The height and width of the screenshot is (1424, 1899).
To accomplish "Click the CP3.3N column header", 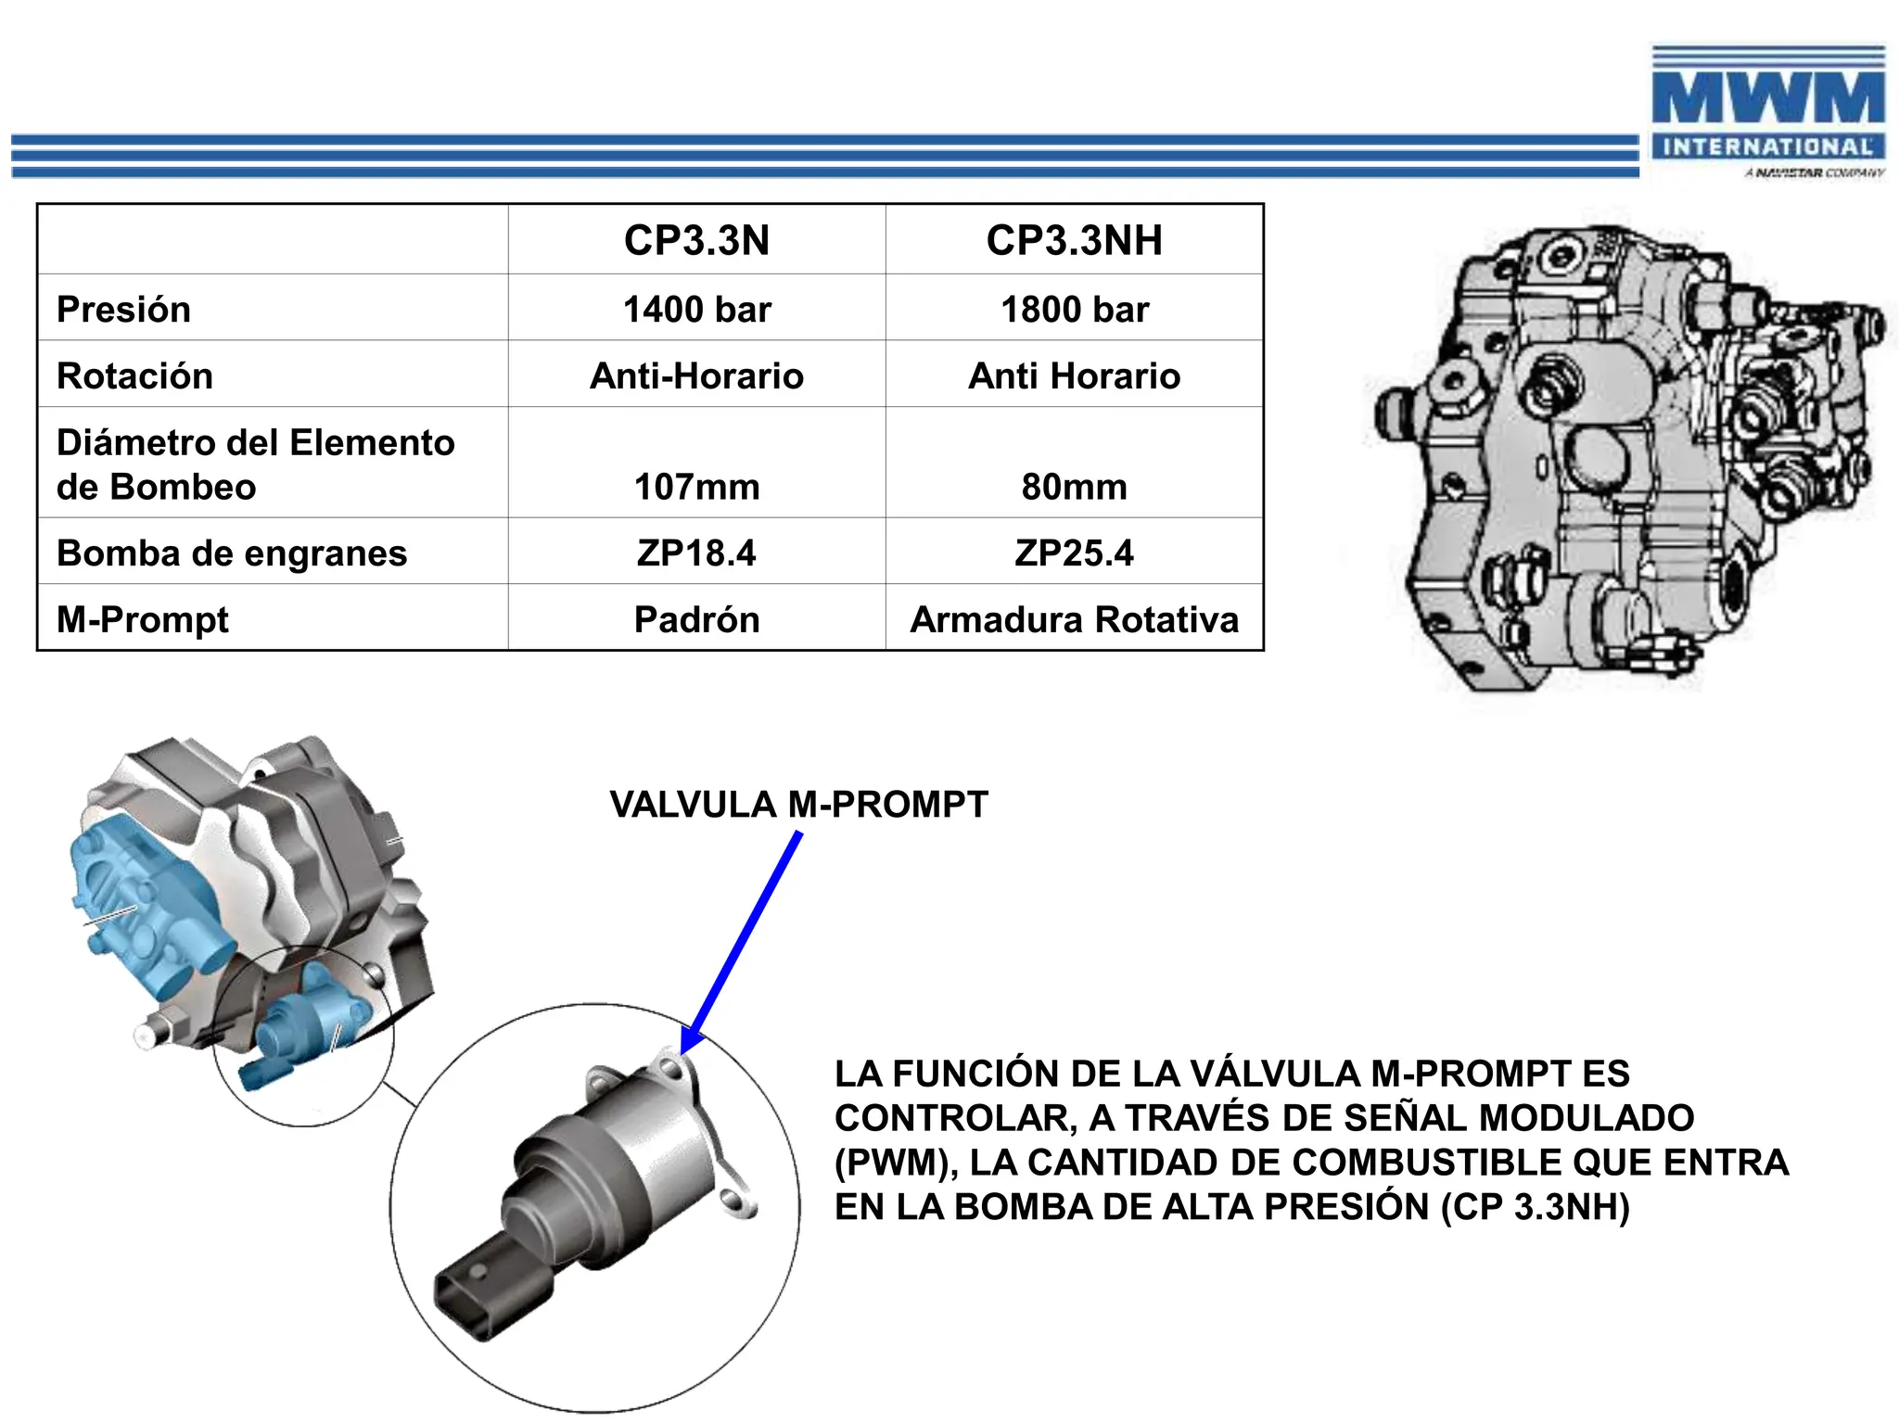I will coord(696,240).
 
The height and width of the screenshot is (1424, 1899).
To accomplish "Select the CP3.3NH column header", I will coord(1074,240).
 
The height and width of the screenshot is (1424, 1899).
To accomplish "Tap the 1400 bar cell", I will coord(696,310).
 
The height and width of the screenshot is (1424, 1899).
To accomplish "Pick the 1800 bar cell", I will coord(1074,310).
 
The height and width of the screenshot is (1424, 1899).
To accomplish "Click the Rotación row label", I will coord(135,375).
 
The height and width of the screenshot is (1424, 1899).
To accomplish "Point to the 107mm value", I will coord(696,487).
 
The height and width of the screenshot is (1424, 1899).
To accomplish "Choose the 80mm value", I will coord(1074,487).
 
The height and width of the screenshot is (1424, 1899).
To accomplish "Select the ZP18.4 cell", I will coord(696,553).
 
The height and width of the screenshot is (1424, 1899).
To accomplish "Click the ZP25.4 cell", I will coord(1074,553).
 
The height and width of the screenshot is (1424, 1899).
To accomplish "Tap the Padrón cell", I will coord(696,619).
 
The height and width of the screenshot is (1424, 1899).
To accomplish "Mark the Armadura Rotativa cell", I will coord(1074,619).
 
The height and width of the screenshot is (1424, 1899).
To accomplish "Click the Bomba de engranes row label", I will coord(232,553).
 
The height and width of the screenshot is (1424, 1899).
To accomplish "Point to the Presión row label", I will coord(123,310).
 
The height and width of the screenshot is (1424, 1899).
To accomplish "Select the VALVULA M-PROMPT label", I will coord(798,804).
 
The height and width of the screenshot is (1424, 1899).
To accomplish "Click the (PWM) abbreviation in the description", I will coord(894,1163).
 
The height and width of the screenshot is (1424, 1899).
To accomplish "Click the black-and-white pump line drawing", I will coord(1623,454).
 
